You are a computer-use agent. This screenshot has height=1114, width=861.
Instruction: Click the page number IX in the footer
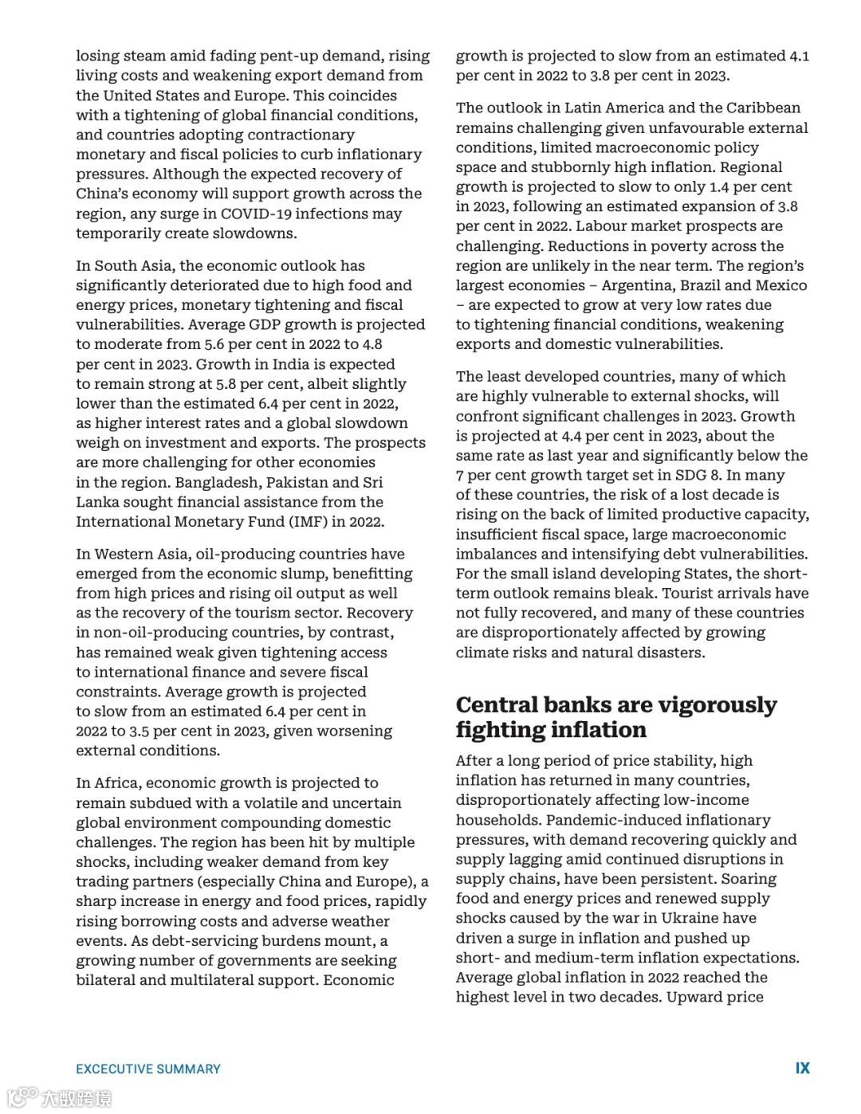click(802, 1068)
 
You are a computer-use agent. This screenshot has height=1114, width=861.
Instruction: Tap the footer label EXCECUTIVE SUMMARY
click(148, 1069)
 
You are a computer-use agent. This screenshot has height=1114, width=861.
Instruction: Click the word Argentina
click(639, 285)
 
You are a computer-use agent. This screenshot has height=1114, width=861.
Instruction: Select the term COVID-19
click(256, 214)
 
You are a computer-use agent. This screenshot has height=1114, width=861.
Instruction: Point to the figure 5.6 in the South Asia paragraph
click(216, 344)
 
